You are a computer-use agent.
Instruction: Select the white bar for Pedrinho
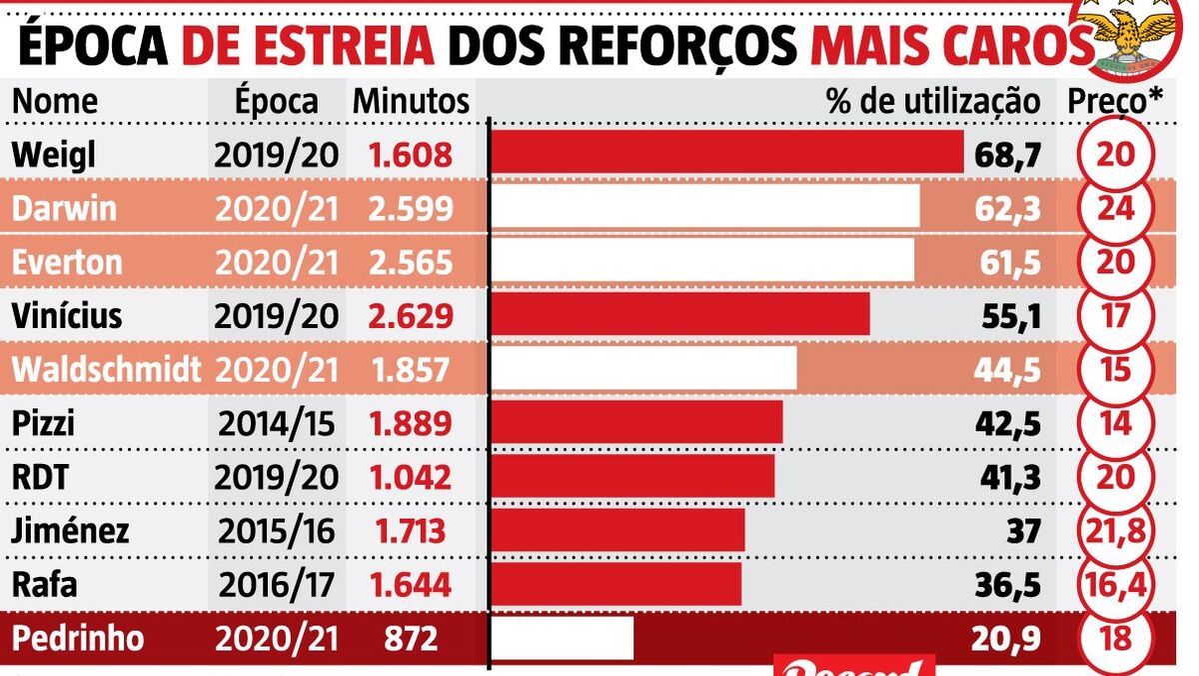[x=564, y=638]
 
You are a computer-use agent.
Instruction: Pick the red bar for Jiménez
[x=618, y=530]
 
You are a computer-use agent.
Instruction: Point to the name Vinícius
[x=66, y=316]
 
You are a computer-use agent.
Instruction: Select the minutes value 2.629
[x=411, y=316]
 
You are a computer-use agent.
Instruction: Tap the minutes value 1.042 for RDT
[x=411, y=477]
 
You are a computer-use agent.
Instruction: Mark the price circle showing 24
[x=1115, y=208]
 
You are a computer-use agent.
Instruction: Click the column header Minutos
[x=411, y=101]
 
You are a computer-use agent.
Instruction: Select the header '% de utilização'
[x=933, y=101]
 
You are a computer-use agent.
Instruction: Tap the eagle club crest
[x=1133, y=34]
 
